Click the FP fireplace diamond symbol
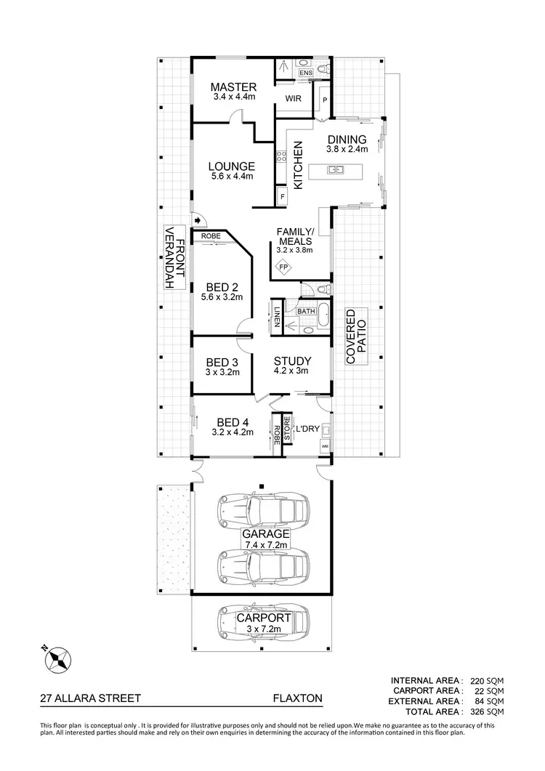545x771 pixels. pos(284,267)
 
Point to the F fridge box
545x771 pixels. pos(282,197)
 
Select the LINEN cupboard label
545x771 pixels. pos(278,318)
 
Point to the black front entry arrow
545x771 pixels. pos(197,219)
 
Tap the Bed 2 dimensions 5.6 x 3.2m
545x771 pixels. pos(223,297)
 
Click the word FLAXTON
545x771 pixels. pos(296,699)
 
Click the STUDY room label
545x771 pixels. pos(292,361)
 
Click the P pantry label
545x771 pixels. pos(324,100)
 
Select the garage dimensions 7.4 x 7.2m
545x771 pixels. pos(266,544)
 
